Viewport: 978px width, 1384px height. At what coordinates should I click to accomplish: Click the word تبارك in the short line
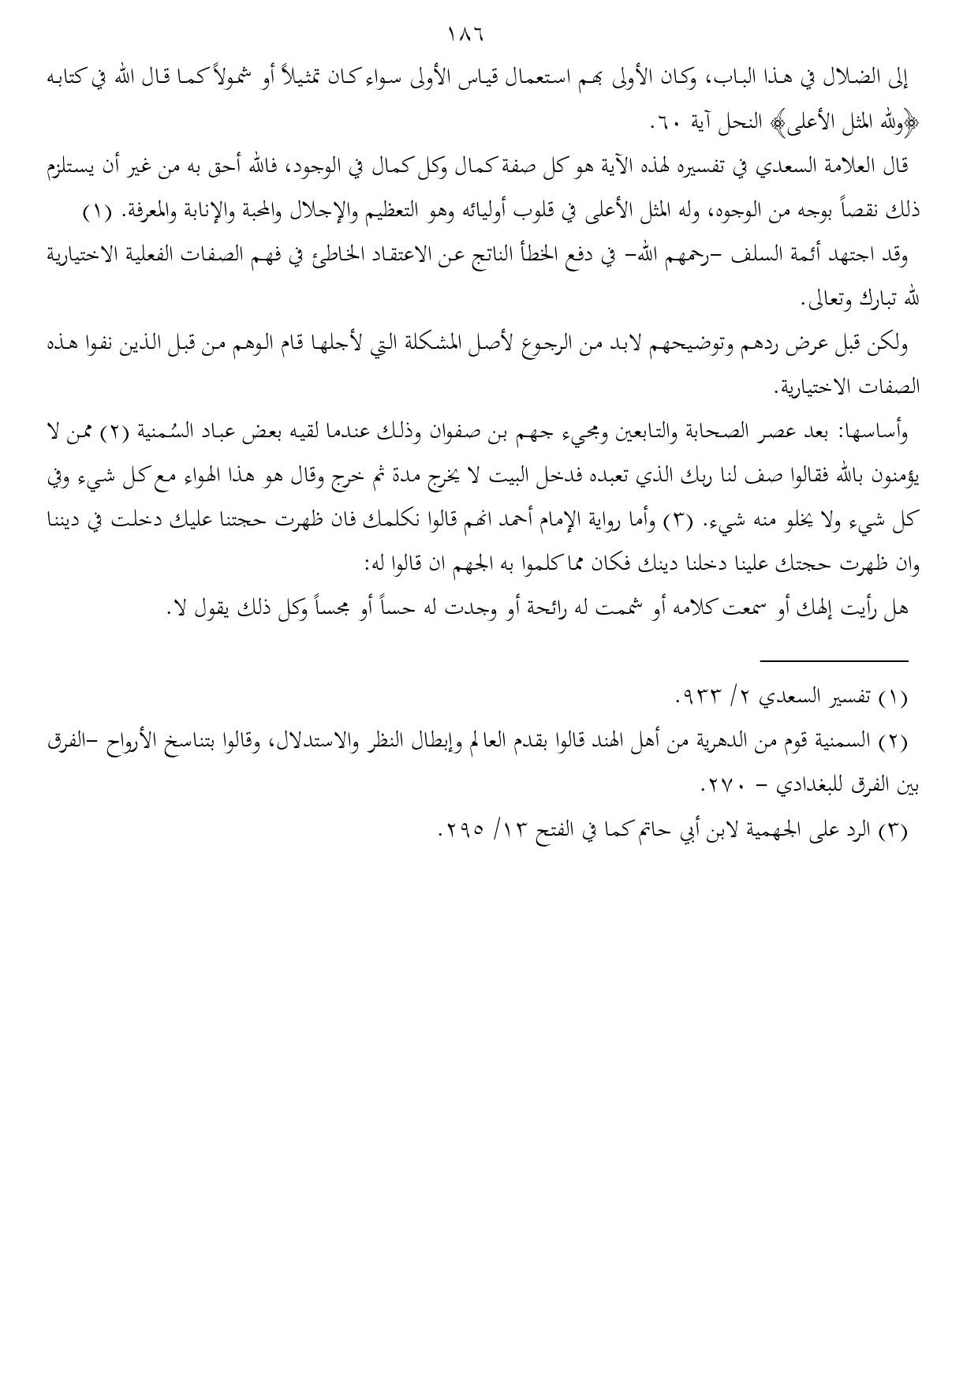point(886,301)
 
